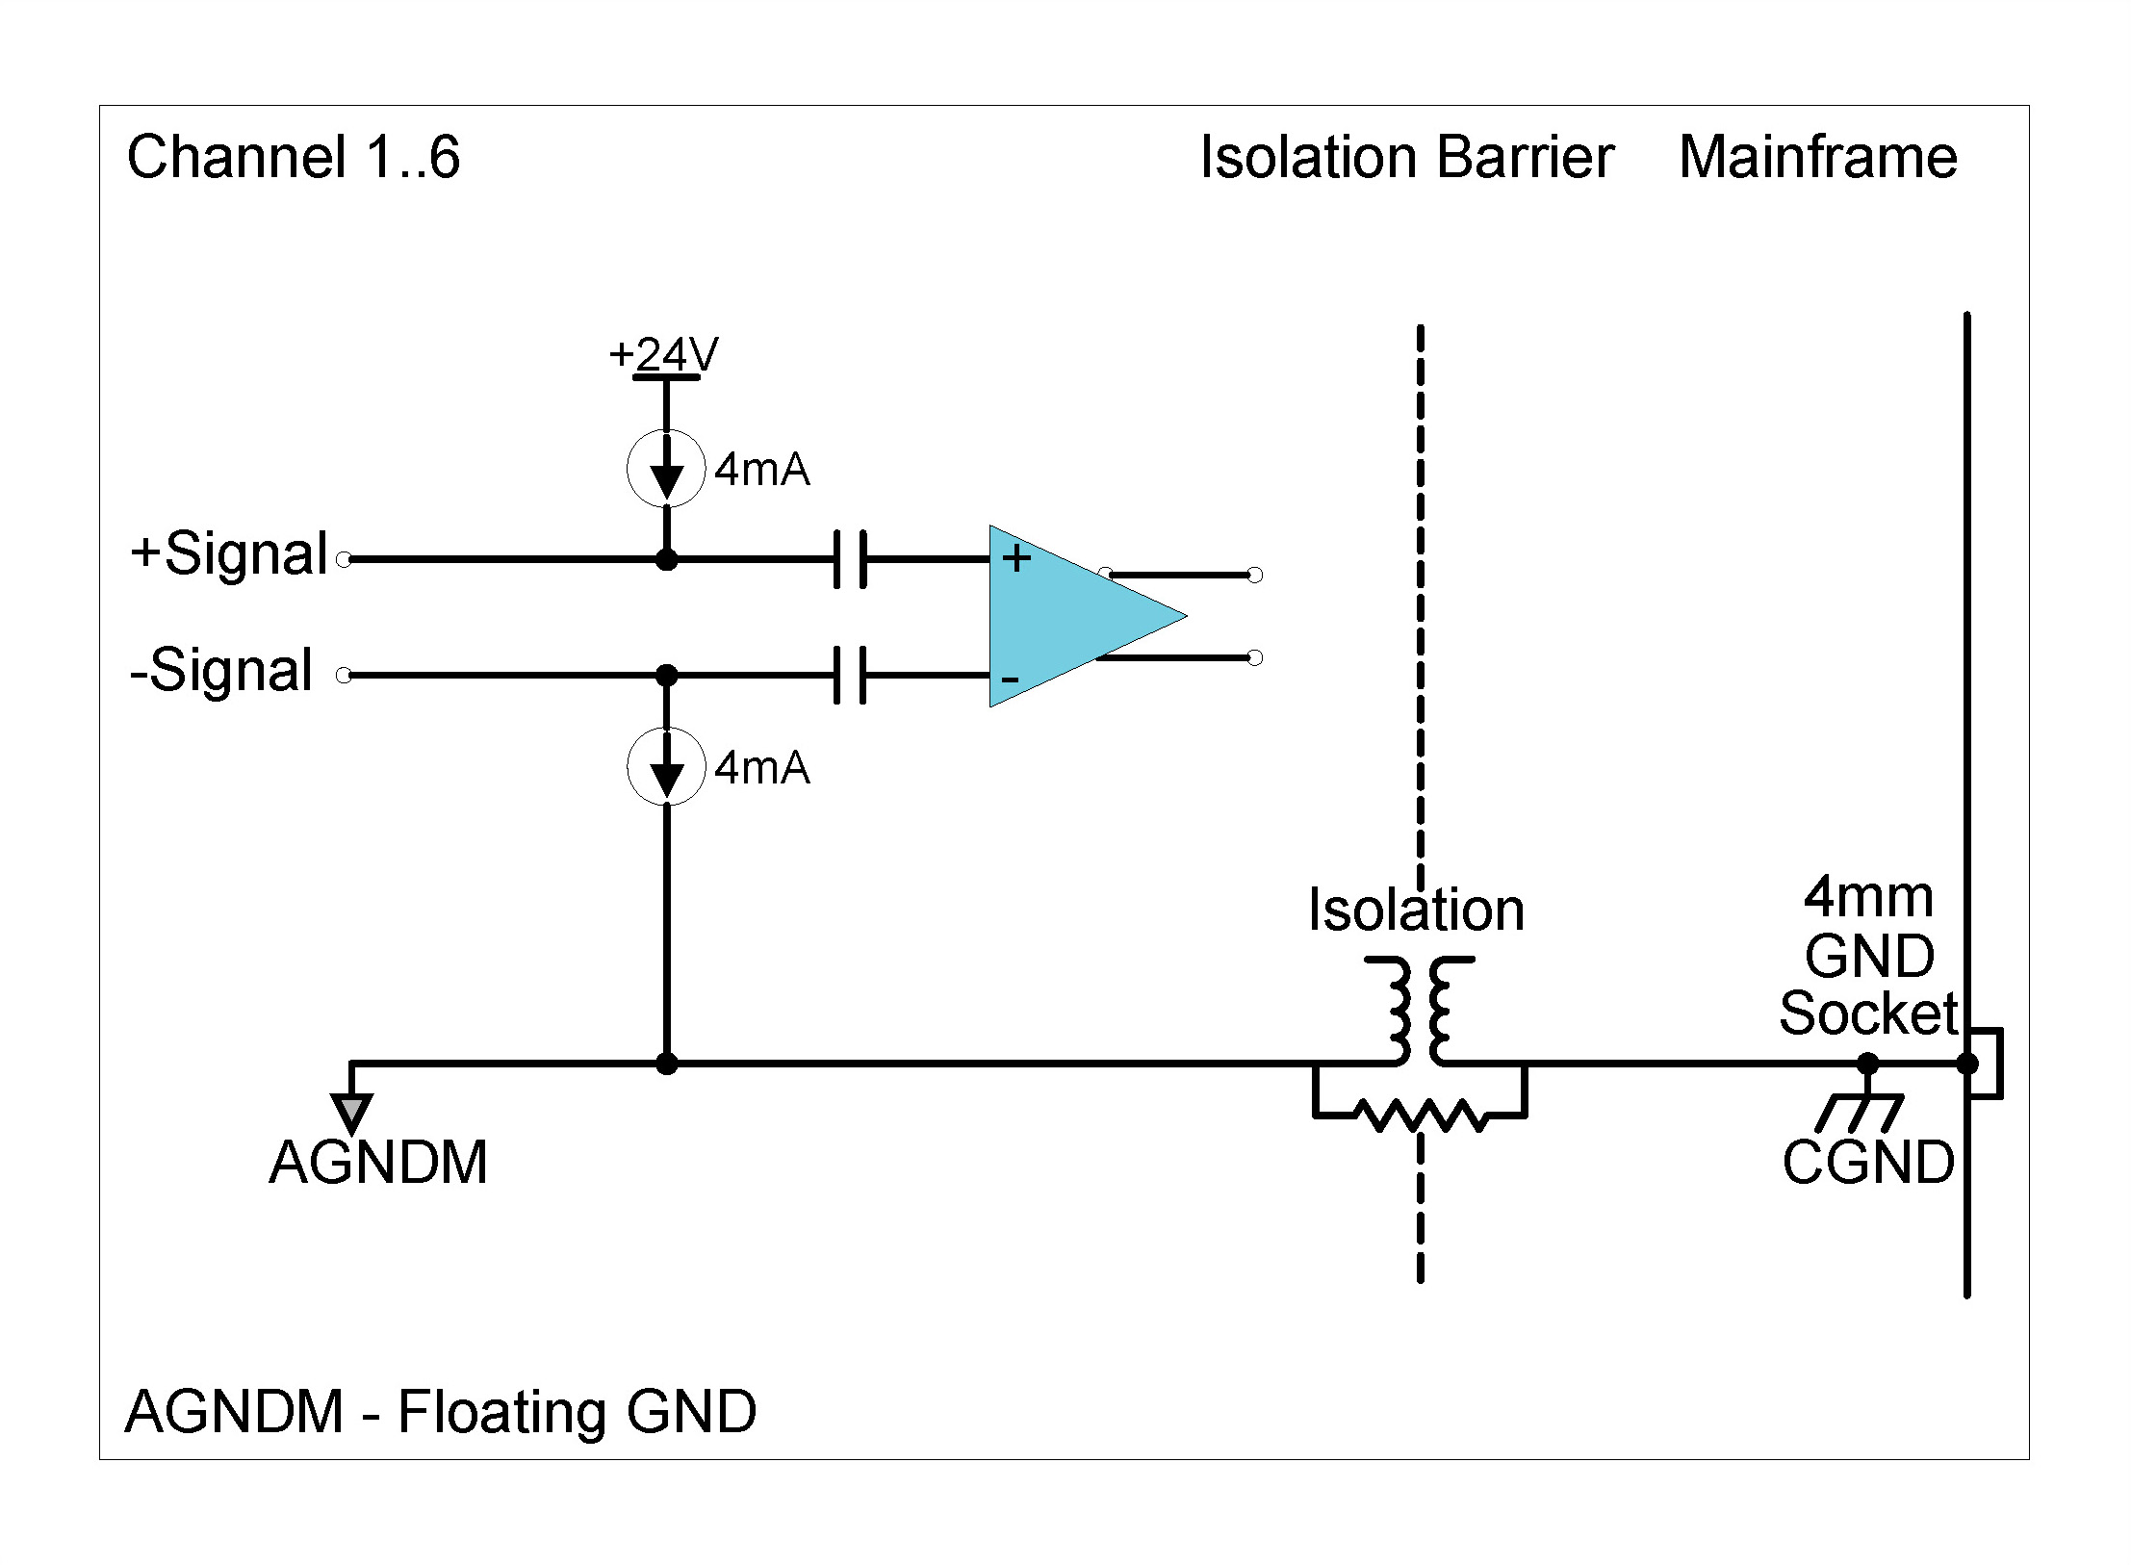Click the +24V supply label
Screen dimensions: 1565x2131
click(664, 354)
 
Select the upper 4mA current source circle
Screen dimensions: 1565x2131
click(666, 469)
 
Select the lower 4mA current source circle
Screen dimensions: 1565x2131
click(666, 767)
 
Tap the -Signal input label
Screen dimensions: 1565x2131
click(221, 671)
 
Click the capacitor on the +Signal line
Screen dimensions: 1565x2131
click(850, 558)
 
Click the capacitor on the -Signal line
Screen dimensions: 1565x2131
click(850, 675)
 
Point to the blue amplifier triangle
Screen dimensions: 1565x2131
click(1068, 616)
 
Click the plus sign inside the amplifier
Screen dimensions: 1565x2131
click(1016, 558)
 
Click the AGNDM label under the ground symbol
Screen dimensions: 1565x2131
click(378, 1163)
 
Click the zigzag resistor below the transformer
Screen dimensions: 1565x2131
click(1420, 1116)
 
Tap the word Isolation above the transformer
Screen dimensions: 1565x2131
click(1416, 911)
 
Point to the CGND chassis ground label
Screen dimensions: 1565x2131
click(1867, 1163)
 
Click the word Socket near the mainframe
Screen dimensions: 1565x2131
click(1867, 1013)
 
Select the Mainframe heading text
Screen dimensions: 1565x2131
click(1817, 157)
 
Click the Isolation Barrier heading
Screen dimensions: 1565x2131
click(1406, 157)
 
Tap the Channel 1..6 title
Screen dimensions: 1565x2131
click(294, 157)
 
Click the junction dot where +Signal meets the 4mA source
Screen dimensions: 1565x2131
click(666, 559)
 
